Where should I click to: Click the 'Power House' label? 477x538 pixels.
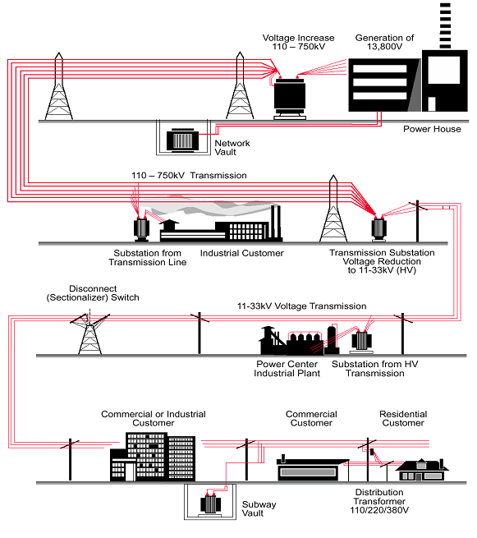tap(432, 129)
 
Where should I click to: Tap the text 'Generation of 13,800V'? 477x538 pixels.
tap(384, 42)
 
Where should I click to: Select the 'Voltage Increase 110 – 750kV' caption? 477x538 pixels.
tap(298, 42)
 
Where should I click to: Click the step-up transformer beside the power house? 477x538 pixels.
tap(290, 99)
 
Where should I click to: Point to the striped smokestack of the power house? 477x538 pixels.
tap(445, 25)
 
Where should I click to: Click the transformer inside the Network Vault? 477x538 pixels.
tap(182, 140)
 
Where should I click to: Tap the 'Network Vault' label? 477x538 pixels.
tap(232, 148)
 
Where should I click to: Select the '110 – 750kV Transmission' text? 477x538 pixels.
tap(189, 176)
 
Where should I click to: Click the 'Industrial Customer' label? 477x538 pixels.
tap(241, 253)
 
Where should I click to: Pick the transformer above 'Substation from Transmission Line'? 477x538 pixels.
tap(141, 229)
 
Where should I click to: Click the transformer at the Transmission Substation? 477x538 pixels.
tap(379, 228)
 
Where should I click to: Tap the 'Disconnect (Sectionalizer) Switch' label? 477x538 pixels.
tap(93, 293)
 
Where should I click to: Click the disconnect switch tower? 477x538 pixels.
tap(89, 334)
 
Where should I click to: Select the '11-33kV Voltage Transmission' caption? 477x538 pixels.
tap(302, 306)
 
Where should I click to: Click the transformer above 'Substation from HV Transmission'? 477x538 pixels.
tap(361, 342)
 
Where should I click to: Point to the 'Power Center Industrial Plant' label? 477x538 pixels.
tap(287, 369)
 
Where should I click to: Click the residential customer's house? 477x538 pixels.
tap(422, 469)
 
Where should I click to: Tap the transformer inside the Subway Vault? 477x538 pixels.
tap(210, 504)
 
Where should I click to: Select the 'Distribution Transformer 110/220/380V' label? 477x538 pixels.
tap(379, 501)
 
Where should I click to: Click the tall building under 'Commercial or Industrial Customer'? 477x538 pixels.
tap(153, 457)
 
